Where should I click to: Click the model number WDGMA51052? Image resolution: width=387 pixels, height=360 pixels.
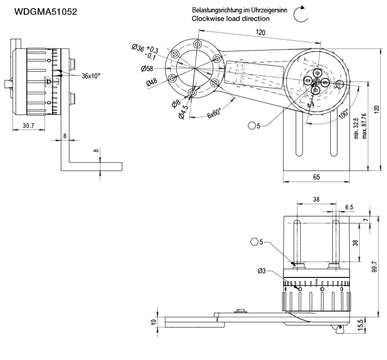45,11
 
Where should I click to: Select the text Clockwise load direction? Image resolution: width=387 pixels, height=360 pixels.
230,19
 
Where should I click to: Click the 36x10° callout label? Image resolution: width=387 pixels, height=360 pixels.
91,75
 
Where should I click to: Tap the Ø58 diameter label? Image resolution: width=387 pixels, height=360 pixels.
148,69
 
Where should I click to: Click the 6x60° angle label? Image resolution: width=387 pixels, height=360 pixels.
214,113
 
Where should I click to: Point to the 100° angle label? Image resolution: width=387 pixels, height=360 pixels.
344,113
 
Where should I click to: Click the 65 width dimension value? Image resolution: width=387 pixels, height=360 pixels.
316,177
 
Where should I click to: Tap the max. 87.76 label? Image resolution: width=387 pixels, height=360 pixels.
364,126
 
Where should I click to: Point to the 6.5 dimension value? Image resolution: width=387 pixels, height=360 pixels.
349,207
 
